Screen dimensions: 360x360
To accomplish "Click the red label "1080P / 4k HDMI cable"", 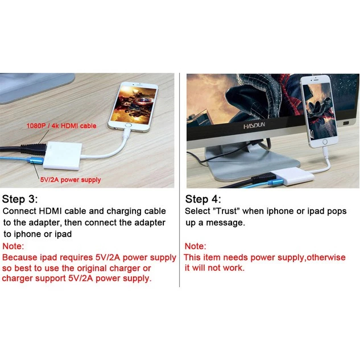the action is coord(61,126).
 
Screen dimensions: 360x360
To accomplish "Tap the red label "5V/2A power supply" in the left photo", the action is coord(71,180).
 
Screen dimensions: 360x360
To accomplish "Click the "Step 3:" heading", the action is coord(20,199).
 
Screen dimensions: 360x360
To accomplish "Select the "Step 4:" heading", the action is coord(203,199).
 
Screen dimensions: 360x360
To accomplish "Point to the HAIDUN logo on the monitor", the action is coord(254,126).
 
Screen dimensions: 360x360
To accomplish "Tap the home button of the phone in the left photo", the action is coord(128,125).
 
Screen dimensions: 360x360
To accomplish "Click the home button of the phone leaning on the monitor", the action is coord(325,142).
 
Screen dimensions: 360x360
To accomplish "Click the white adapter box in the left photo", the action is coord(63,156).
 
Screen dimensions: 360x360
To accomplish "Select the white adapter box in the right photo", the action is coord(292,176).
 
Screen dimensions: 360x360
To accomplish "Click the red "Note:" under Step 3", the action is coord(13,246).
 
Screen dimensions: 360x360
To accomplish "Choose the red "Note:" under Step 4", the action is coord(196,246).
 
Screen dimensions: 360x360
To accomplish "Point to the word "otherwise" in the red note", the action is coord(326,258).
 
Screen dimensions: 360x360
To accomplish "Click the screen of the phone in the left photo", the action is coord(134,104).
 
